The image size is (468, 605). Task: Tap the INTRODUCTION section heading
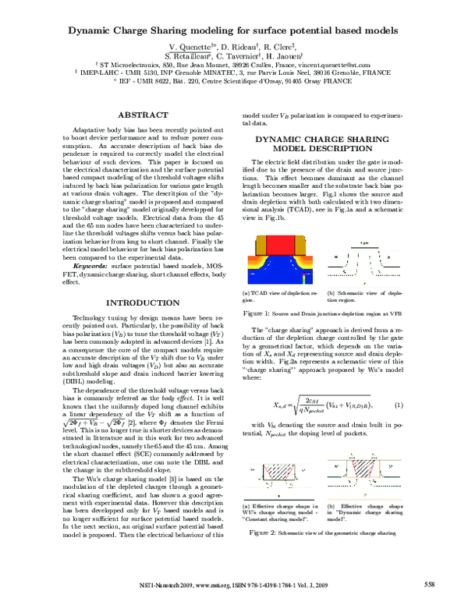(x=136, y=302)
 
